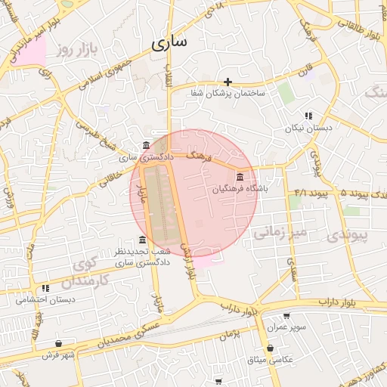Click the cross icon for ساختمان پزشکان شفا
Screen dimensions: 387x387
(228, 82)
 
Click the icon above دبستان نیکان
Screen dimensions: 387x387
(308, 116)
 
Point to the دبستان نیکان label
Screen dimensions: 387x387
(308, 128)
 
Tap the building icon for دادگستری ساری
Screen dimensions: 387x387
(146, 145)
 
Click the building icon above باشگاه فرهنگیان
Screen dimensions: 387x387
(240, 176)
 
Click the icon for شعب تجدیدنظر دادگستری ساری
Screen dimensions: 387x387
(142, 240)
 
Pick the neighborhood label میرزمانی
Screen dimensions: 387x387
(276, 233)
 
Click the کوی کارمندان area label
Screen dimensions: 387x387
(85, 274)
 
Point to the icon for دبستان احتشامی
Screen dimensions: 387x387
(46, 288)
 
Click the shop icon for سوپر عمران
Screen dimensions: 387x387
(286, 317)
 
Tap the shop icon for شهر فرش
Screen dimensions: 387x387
(59, 343)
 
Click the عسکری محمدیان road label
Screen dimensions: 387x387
(128, 334)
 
